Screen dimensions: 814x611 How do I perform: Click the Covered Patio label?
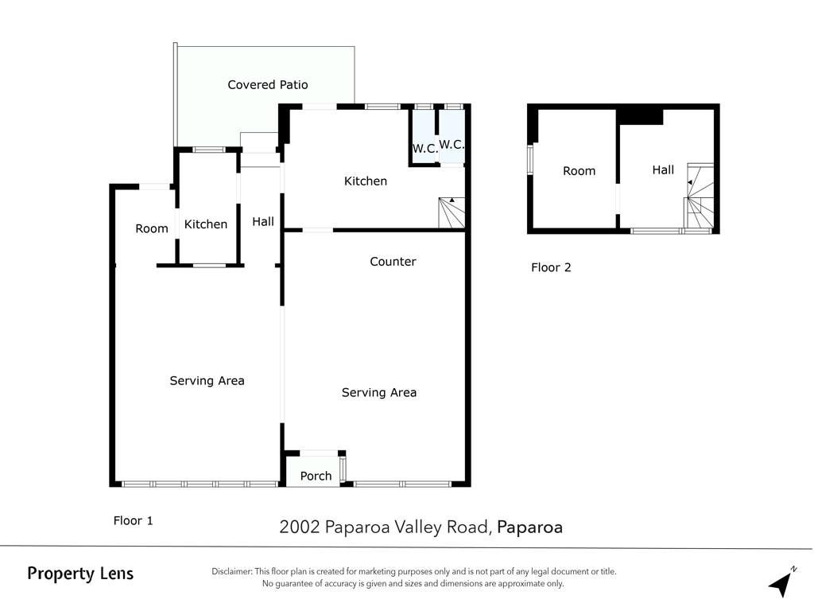coord(267,84)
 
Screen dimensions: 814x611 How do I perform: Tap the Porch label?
coord(316,476)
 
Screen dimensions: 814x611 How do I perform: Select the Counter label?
coord(393,261)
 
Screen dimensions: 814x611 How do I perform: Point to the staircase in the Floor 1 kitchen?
coord(452,212)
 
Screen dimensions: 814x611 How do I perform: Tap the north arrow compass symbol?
coord(782,582)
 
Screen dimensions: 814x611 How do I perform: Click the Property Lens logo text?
coord(80,574)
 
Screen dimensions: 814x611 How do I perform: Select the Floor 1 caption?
coord(134,520)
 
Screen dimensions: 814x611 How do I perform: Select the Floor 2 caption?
coord(551,267)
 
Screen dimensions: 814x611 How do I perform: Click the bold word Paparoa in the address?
coord(529,527)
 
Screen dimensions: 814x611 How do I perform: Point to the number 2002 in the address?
coord(300,527)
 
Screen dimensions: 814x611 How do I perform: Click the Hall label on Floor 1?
coord(263,222)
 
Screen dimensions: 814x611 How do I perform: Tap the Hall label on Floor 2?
coord(663,170)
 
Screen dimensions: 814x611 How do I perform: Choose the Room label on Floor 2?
coord(579,171)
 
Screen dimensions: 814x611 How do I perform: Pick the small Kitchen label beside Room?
coord(206,224)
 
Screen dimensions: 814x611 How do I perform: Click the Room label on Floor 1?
coord(152,228)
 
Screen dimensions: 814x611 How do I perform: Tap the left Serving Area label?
coord(207,381)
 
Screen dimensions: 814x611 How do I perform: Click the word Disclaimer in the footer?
coord(231,571)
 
